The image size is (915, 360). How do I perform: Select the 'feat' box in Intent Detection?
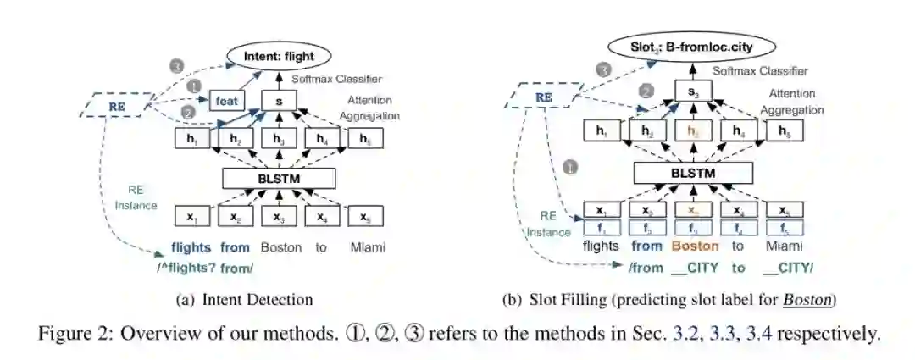point(226,100)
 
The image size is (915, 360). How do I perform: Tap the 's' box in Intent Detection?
point(279,100)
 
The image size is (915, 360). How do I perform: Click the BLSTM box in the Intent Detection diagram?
point(279,178)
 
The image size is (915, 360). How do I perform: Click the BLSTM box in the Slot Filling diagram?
point(693,173)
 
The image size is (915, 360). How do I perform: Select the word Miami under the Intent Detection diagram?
point(368,247)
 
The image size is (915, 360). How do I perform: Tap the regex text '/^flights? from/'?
point(212,268)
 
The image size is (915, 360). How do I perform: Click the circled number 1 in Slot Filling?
point(570,168)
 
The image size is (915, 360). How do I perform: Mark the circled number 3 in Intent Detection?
point(176,65)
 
